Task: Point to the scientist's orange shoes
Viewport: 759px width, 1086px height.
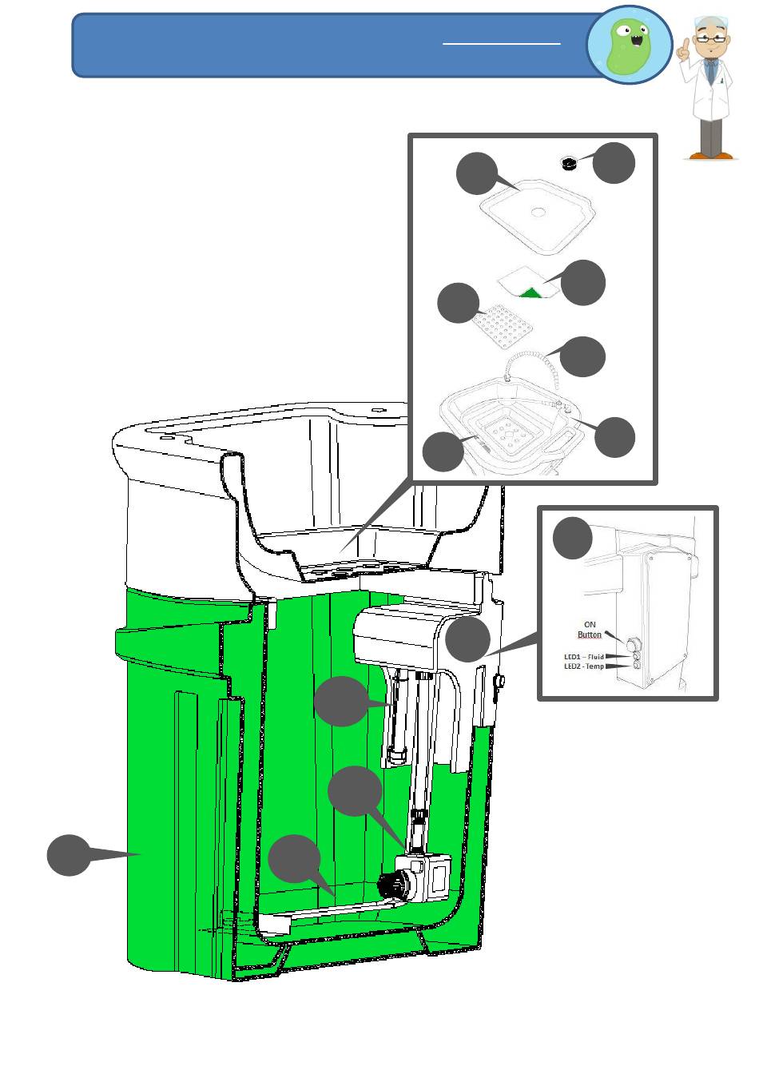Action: (x=711, y=156)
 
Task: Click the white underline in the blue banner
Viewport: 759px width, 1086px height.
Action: (x=502, y=44)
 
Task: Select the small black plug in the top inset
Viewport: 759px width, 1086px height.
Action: (x=569, y=163)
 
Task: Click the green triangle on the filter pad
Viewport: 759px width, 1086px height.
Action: (x=531, y=292)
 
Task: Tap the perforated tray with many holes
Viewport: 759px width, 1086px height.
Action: (x=502, y=326)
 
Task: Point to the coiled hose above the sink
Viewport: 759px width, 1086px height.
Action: (x=531, y=365)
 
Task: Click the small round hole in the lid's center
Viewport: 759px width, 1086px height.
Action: (x=538, y=212)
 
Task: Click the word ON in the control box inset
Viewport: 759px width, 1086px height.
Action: (x=590, y=624)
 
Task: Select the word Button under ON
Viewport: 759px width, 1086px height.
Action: (x=590, y=634)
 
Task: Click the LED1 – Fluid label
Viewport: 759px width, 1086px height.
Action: (x=584, y=657)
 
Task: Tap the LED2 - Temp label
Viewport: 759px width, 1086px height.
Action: (x=584, y=666)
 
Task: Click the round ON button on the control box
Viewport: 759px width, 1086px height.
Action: (x=633, y=646)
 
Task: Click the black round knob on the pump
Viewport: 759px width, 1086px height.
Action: (x=394, y=886)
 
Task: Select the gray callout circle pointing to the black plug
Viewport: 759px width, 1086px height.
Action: (x=614, y=163)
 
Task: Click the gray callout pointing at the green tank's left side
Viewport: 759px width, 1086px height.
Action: (x=69, y=855)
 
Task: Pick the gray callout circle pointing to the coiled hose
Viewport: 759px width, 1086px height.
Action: (x=582, y=357)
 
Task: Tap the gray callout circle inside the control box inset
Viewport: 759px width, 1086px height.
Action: (x=572, y=538)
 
